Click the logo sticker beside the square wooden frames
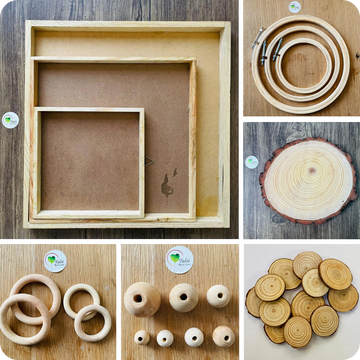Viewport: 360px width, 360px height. point(10,120)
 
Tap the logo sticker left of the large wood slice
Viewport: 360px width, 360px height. point(252,162)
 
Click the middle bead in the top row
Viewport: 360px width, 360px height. point(181,298)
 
